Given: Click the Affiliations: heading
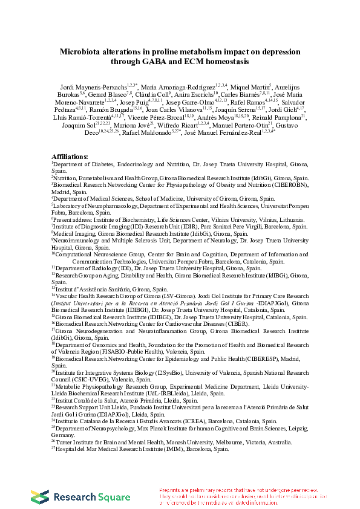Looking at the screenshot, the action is click(70, 157).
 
